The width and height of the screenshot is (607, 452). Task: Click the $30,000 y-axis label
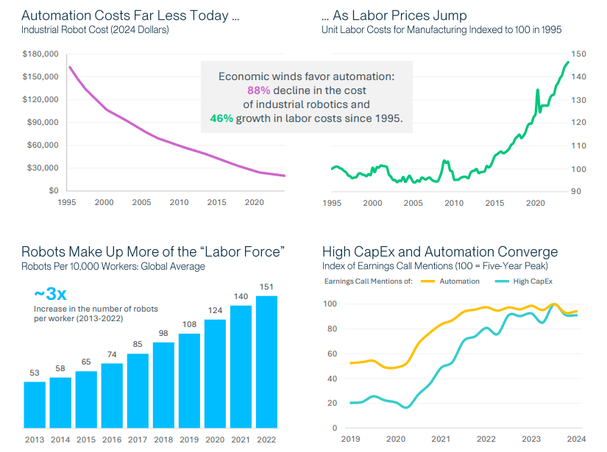coord(43,168)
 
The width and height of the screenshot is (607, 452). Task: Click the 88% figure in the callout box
coord(258,90)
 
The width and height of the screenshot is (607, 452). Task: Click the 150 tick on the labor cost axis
coord(578,54)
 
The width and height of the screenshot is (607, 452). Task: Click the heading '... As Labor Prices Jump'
coord(394,15)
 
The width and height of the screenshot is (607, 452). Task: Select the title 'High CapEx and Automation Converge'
coord(439,252)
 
